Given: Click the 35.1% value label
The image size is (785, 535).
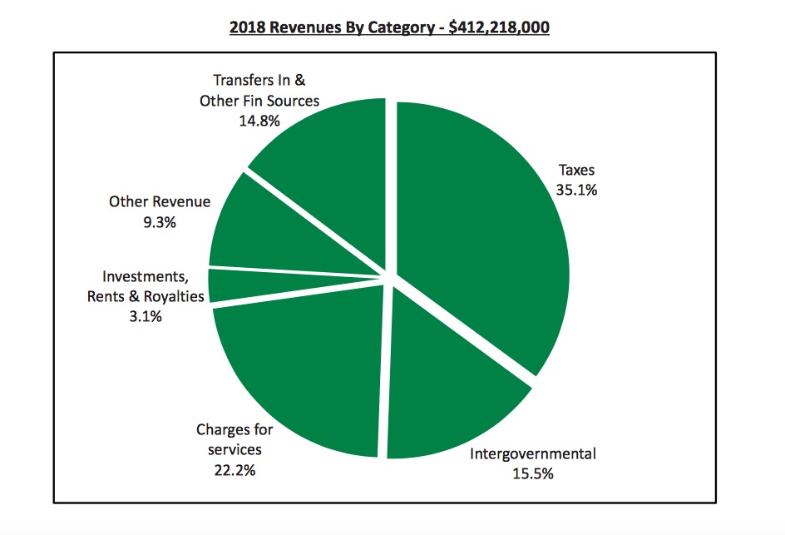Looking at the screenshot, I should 576,189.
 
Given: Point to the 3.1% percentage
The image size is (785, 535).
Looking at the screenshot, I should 146,316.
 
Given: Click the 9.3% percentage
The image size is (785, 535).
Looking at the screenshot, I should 160,222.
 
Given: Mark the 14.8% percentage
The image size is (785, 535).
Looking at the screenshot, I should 259,121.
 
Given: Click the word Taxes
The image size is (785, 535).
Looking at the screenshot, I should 576,171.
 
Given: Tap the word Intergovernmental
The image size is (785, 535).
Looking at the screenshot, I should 533,454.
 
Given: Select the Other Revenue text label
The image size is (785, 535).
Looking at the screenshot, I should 160,202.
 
